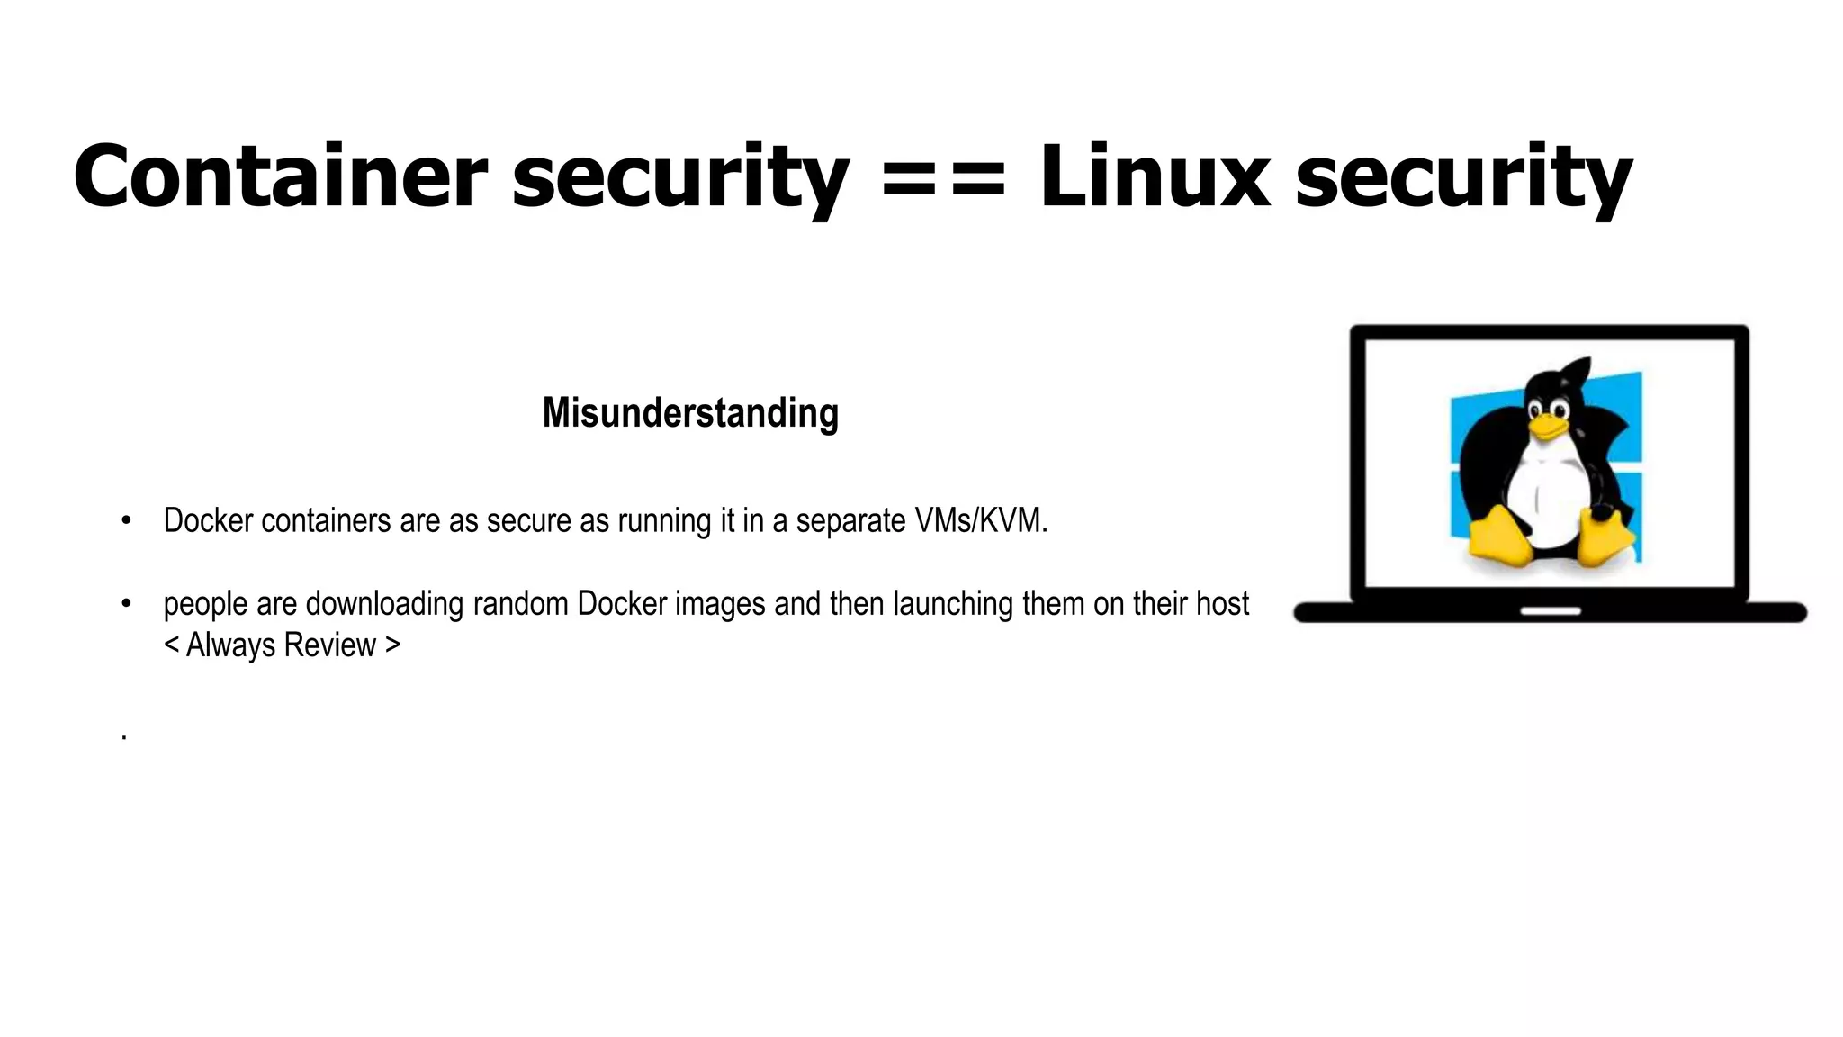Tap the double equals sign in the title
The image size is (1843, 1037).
coord(942,178)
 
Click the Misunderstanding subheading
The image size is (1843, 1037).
coord(690,413)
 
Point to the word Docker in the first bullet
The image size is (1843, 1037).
coord(208,520)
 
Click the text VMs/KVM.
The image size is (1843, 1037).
coord(981,520)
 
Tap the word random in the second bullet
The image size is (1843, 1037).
coord(521,604)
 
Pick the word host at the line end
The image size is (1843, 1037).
coord(1221,604)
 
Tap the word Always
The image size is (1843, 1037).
coord(230,645)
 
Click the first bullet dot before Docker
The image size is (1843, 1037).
coord(126,521)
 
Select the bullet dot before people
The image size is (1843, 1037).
coord(126,604)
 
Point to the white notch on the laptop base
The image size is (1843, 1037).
coord(1550,611)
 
